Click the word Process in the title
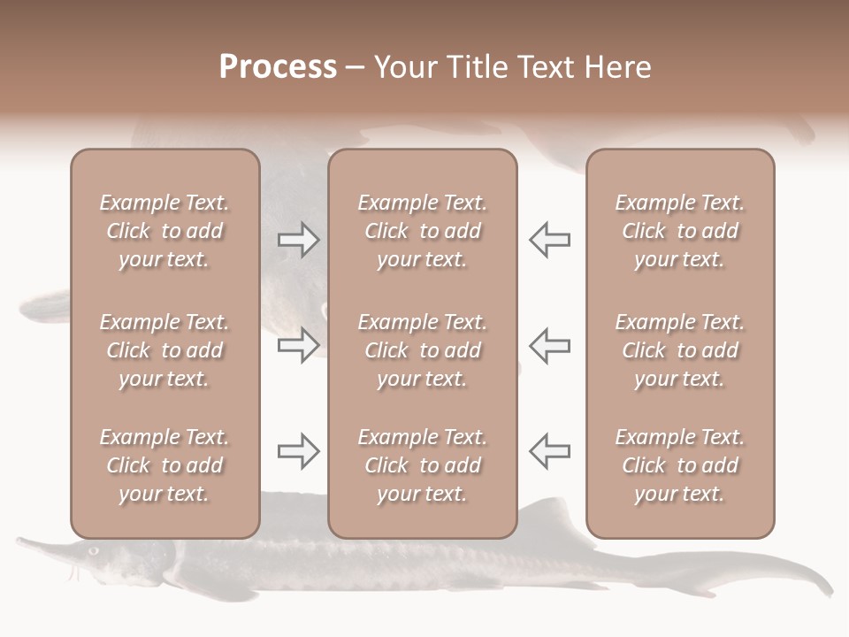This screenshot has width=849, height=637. click(278, 67)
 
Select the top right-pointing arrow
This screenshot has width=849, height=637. click(298, 240)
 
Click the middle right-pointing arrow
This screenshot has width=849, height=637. click(298, 345)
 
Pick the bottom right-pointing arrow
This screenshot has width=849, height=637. click(298, 451)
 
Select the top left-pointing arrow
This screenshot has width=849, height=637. click(549, 240)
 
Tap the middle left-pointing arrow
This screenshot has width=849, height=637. click(549, 345)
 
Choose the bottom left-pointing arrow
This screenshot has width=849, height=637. click(549, 451)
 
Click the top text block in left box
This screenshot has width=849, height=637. click(164, 231)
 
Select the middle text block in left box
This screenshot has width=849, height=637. click(164, 350)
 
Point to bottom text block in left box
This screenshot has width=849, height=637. click(164, 465)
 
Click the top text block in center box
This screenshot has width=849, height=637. click(423, 231)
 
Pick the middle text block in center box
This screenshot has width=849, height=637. click(423, 350)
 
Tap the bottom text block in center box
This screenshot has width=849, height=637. click(423, 465)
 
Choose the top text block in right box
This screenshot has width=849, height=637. click(680, 231)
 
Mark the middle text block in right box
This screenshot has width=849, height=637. click(680, 350)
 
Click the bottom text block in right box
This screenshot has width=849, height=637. click(680, 465)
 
